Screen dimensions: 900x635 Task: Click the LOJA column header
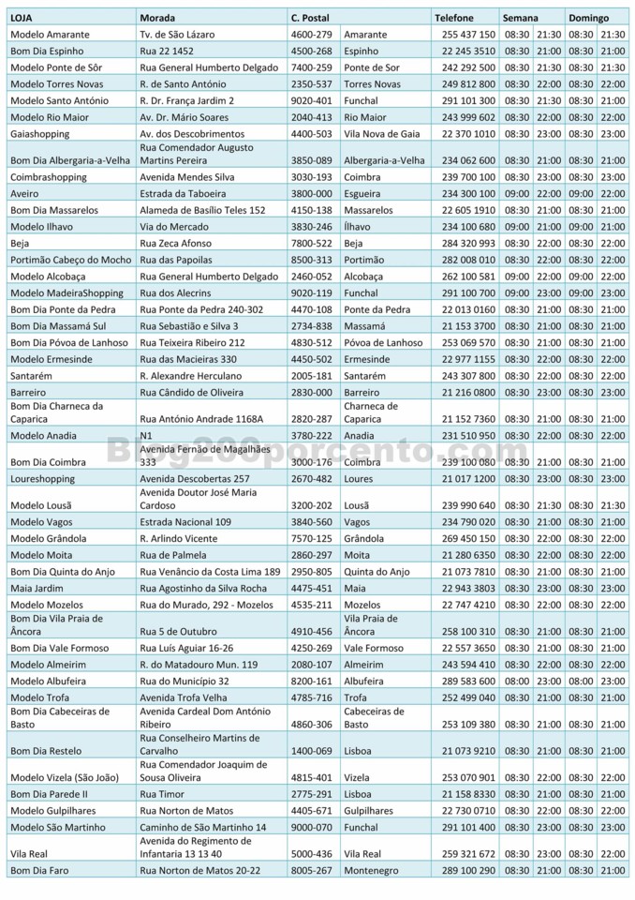(21, 18)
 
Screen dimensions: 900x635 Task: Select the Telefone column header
(457, 18)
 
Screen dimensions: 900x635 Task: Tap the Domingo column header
(588, 18)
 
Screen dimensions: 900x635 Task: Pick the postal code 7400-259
(312, 67)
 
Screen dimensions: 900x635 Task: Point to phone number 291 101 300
(468, 100)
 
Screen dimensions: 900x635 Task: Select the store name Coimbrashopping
(48, 177)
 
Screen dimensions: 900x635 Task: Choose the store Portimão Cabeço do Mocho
(70, 260)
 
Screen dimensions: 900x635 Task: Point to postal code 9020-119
(312, 292)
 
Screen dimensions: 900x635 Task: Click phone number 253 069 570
(468, 342)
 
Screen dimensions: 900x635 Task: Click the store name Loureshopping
(42, 478)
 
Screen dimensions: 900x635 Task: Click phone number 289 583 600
(468, 681)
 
